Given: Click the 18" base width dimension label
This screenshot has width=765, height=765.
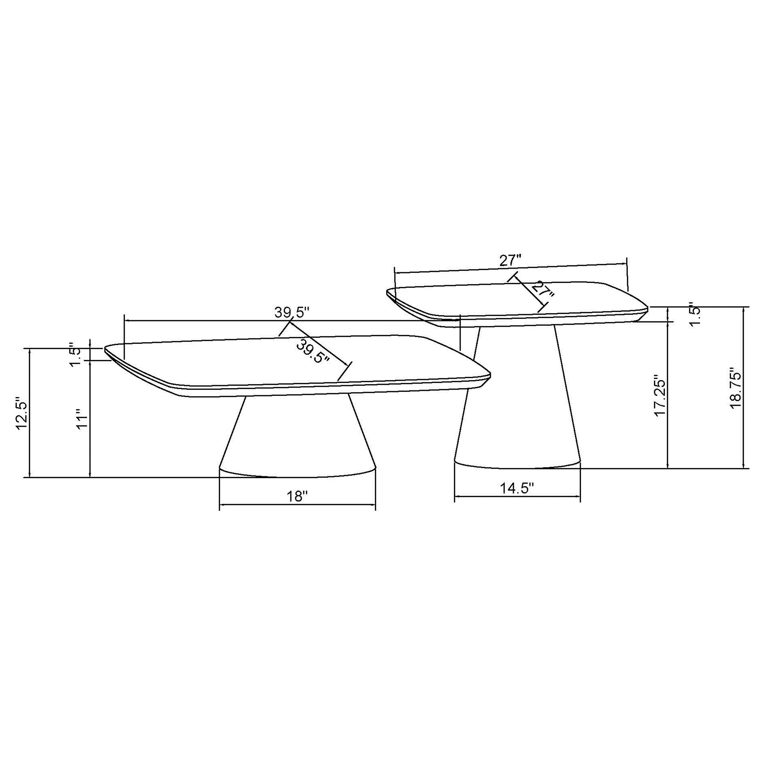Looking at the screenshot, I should coord(297,496).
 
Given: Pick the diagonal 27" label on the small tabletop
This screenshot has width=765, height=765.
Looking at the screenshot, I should coord(543,290).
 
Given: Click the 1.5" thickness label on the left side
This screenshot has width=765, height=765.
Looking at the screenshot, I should coord(75,354).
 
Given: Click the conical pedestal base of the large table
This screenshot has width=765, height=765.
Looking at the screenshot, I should coord(297,435).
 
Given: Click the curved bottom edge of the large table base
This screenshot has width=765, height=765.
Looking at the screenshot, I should coord(297,476).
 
